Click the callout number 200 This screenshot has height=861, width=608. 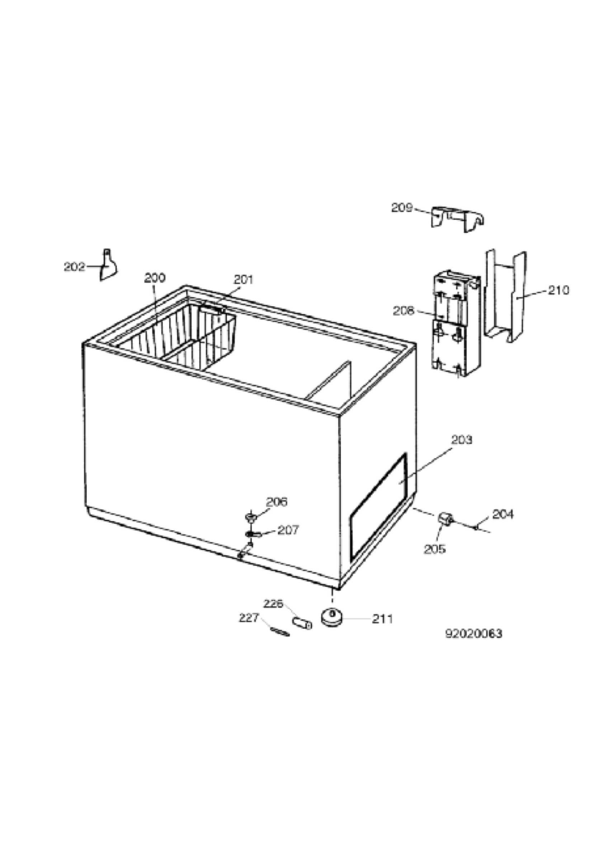point(155,278)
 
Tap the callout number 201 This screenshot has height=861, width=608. point(244,280)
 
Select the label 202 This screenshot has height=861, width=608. point(75,267)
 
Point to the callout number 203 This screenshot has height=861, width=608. point(462,439)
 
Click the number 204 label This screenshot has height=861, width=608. point(503,514)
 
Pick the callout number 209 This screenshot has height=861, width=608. point(402,208)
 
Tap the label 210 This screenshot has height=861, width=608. point(558,290)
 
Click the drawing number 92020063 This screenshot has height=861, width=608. point(473,634)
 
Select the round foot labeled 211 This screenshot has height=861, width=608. point(332,617)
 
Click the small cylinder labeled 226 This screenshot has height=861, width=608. point(302,624)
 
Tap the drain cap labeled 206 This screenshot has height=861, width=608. point(250,518)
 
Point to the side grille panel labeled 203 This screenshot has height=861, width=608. point(378,507)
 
